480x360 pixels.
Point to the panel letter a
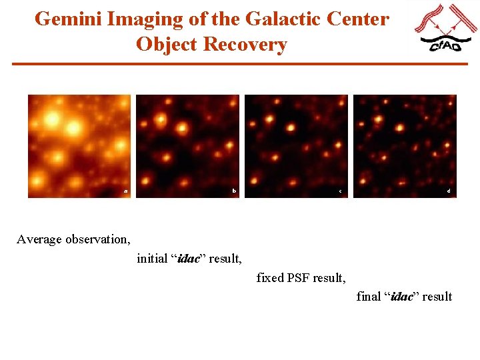pos(125,191)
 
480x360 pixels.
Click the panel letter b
pos(234,191)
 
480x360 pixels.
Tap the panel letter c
pos(340,192)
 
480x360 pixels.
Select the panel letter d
pos(449,191)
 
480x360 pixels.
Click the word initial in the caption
pos(152,258)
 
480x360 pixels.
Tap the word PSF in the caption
pos(301,277)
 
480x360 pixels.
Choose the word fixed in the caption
pos(270,277)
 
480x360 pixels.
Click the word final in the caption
pos(369,297)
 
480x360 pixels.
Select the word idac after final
pos(401,297)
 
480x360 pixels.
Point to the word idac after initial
pos(188,258)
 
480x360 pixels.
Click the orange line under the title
pos(240,64)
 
